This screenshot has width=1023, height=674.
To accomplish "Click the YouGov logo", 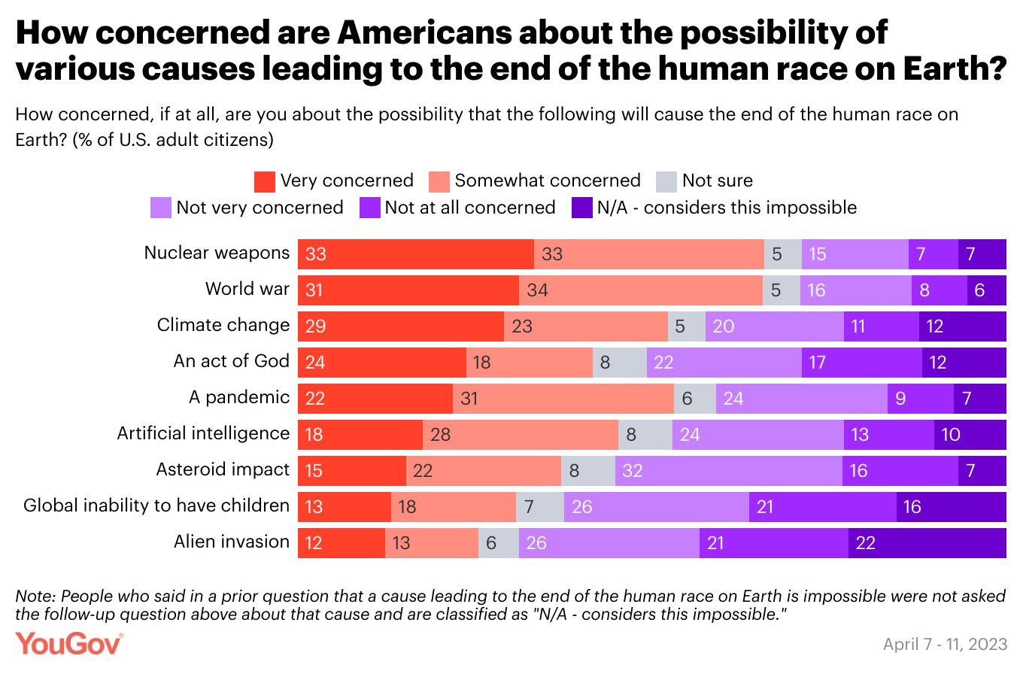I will tap(69, 645).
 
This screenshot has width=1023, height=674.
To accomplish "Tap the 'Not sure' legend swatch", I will tap(666, 181).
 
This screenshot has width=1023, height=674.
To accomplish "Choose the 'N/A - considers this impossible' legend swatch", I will tap(584, 208).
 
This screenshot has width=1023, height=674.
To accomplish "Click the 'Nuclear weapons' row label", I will tap(217, 253).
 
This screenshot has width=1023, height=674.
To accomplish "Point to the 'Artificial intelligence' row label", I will tap(203, 433).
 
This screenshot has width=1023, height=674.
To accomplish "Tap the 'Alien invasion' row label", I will tap(231, 542).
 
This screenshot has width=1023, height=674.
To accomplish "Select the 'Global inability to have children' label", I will tap(156, 506).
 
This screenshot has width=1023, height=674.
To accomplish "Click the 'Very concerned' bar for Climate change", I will tap(400, 326).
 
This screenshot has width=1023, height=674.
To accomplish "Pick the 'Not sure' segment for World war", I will tap(782, 290).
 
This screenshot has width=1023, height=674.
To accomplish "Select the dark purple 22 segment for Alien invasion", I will tap(927, 542).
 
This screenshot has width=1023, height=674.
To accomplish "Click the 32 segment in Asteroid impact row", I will tap(728, 470).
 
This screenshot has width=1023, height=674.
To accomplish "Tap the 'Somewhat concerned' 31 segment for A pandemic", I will tap(563, 398).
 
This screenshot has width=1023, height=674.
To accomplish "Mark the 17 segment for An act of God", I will tap(861, 362).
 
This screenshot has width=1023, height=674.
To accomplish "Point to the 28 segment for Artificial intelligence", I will tap(520, 434).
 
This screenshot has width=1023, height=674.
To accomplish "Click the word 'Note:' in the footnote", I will tap(35, 596).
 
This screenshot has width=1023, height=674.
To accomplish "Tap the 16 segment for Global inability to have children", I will tap(951, 506).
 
